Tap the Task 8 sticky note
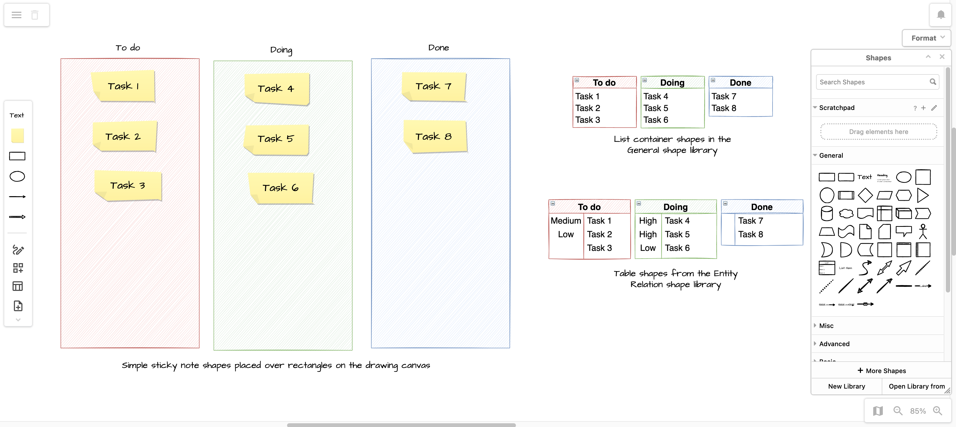(x=434, y=137)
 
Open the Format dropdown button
(x=927, y=38)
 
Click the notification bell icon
(x=941, y=15)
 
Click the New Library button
(x=847, y=386)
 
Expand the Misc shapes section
(x=826, y=326)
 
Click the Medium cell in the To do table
(x=566, y=221)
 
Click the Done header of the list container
(x=740, y=83)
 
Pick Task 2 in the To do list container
(x=588, y=108)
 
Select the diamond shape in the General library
(x=865, y=195)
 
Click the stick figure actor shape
(x=923, y=231)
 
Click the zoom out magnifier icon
(x=898, y=411)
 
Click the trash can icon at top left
(x=35, y=15)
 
